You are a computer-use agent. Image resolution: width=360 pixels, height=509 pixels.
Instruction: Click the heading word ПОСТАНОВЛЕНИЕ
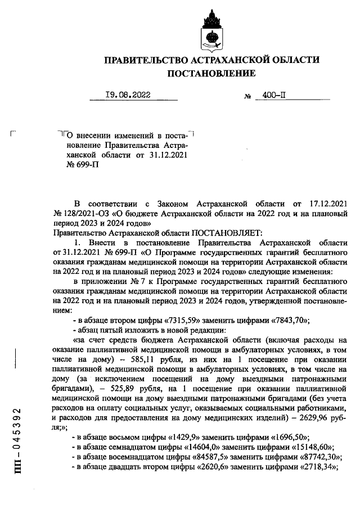(x=211, y=73)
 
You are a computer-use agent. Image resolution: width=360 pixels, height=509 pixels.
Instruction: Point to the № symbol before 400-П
(x=247, y=97)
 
